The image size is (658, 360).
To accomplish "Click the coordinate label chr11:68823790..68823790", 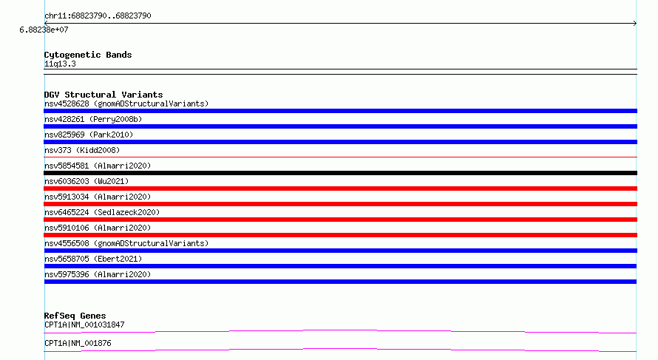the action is coord(98,16).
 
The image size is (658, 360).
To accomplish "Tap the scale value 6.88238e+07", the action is coord(44,30).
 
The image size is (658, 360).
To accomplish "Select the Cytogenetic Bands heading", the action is coord(88,55).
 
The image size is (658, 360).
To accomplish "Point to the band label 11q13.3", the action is coord(60,64).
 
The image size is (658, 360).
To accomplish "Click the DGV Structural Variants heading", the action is coord(104,95).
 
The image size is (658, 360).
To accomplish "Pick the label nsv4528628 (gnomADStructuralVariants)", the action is coord(126,103).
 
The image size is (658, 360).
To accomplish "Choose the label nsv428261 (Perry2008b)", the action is coord(93,119).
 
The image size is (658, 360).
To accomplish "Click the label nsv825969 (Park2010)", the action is coord(89,135).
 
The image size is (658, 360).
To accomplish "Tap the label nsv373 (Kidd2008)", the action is coord(82,150).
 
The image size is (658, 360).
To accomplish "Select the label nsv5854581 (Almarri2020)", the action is coord(98,166).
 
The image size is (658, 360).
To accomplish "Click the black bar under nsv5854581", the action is coord(340,173).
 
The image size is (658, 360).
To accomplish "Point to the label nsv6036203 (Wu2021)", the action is coord(87,181).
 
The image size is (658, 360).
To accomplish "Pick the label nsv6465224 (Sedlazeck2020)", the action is coord(102,212).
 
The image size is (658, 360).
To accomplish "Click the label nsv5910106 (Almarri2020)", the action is coord(98,228).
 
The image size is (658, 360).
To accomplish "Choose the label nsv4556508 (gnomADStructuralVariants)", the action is coord(126,243).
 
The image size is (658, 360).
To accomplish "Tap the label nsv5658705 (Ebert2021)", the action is coord(93,259).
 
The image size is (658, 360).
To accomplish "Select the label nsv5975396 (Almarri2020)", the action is coord(98,274).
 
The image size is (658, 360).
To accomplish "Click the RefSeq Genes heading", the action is coord(75,316).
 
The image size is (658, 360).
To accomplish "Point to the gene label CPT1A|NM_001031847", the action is coord(84,325).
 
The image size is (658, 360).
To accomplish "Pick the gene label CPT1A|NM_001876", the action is coord(78,343).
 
